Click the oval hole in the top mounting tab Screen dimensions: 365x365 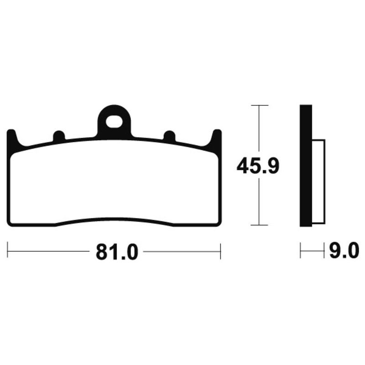[114, 122]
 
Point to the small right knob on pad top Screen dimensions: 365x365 [169, 136]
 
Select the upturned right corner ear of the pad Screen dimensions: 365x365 [217, 136]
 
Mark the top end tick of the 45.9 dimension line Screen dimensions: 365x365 [259, 105]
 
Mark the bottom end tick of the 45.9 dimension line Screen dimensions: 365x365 [259, 225]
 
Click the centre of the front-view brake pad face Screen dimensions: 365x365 [114, 182]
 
